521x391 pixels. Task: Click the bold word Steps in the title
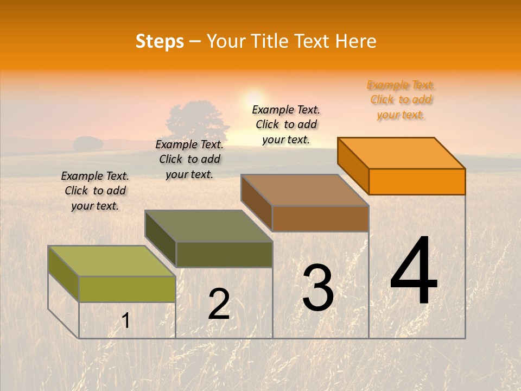[160, 41]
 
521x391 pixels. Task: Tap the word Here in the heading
[356, 41]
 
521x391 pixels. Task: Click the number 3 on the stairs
[318, 288]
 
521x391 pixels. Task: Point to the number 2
[219, 304]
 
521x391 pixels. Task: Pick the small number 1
[126, 320]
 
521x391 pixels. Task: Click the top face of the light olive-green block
[112, 261]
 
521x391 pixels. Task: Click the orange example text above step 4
[401, 100]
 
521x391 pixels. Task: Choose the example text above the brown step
[286, 125]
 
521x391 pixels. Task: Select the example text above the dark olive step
[189, 159]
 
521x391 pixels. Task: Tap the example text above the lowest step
[95, 191]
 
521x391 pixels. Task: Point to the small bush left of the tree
[88, 144]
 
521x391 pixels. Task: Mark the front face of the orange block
[417, 181]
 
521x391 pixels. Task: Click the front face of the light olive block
[127, 289]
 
